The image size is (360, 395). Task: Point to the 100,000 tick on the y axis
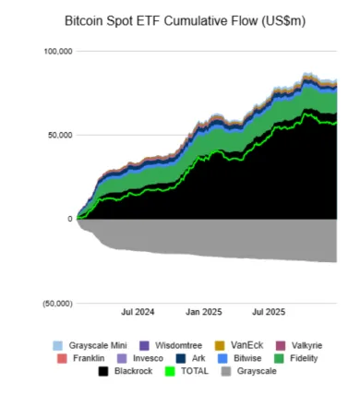pyautogui.click(x=57, y=52)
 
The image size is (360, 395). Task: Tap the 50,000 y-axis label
pyautogui.click(x=59, y=135)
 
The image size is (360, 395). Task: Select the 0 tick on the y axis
pyautogui.click(x=68, y=219)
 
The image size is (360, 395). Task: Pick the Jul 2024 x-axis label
pyautogui.click(x=136, y=312)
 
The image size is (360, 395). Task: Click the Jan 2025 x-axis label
pyautogui.click(x=202, y=312)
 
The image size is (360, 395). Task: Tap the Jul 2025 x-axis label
pyautogui.click(x=269, y=312)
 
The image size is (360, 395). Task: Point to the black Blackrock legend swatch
pyautogui.click(x=104, y=372)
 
